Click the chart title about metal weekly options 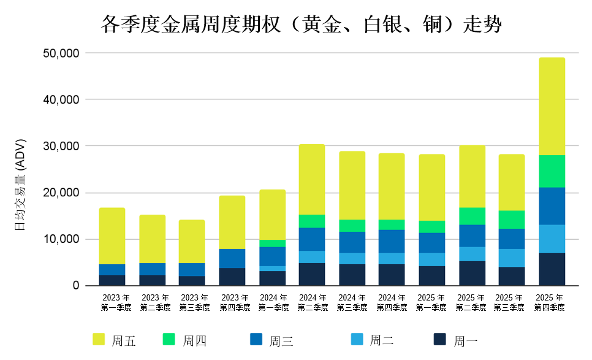coord(301,25)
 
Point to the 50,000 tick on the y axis coord(61,53)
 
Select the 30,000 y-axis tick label coord(61,147)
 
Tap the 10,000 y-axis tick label coord(61,239)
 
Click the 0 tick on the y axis coord(75,286)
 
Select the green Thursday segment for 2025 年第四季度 coord(552,171)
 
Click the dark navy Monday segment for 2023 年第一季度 coord(112,280)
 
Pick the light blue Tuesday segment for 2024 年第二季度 coord(311,257)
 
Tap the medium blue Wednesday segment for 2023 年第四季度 coord(232,258)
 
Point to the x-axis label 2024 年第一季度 coord(272,302)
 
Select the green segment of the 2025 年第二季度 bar coord(472,216)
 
